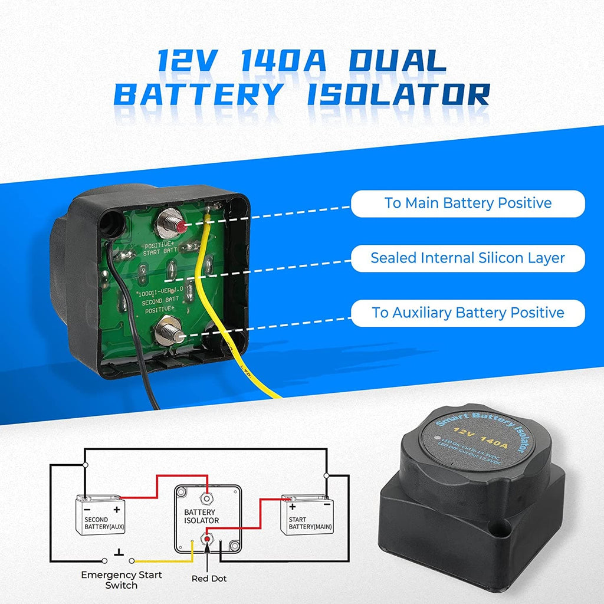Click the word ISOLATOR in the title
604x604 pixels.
point(399,94)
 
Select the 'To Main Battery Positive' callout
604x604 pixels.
point(468,203)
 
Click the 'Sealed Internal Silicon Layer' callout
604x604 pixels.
point(468,258)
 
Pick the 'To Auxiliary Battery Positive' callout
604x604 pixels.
point(468,313)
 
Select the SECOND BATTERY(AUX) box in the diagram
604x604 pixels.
point(100,515)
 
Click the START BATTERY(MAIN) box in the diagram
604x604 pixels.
point(307,515)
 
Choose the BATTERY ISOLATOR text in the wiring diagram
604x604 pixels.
point(201,517)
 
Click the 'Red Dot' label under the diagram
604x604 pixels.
point(209,579)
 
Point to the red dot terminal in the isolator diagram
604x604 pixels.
point(207,537)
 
